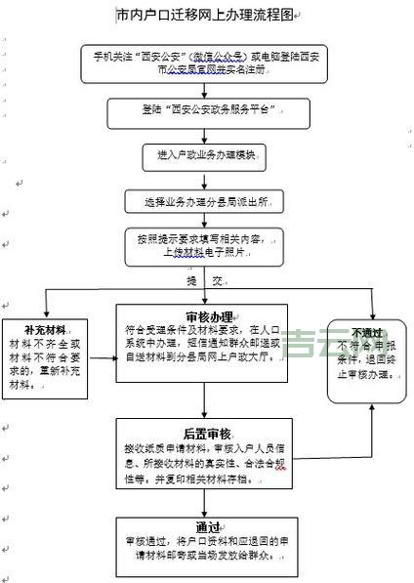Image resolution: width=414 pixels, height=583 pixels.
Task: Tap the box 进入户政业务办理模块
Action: pos(204,155)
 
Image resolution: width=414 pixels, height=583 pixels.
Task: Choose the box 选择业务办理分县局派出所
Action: pos(204,202)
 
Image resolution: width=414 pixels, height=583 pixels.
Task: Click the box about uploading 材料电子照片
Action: pos(204,244)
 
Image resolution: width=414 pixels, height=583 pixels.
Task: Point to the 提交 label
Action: pos(200,280)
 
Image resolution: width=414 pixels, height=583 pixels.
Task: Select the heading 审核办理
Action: pos(208,316)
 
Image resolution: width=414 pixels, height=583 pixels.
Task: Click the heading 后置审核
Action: pos(205,434)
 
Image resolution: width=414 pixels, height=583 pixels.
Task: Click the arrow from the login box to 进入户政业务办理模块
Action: pos(204,132)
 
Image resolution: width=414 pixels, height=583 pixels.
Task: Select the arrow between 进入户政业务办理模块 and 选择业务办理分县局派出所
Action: pos(204,178)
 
